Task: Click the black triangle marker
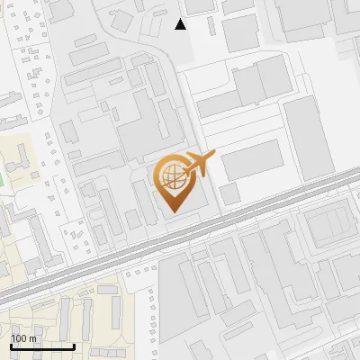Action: coord(181,24)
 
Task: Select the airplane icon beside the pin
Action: coord(198,164)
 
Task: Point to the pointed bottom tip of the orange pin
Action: coord(174,211)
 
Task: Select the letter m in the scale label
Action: coord(33,338)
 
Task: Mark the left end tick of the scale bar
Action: coord(11,346)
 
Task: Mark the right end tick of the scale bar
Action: coord(74,346)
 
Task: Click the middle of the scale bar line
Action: coord(42,347)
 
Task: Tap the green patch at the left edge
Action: coord(2,176)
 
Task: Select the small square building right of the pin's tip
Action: coord(230,193)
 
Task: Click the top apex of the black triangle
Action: coord(181,19)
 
